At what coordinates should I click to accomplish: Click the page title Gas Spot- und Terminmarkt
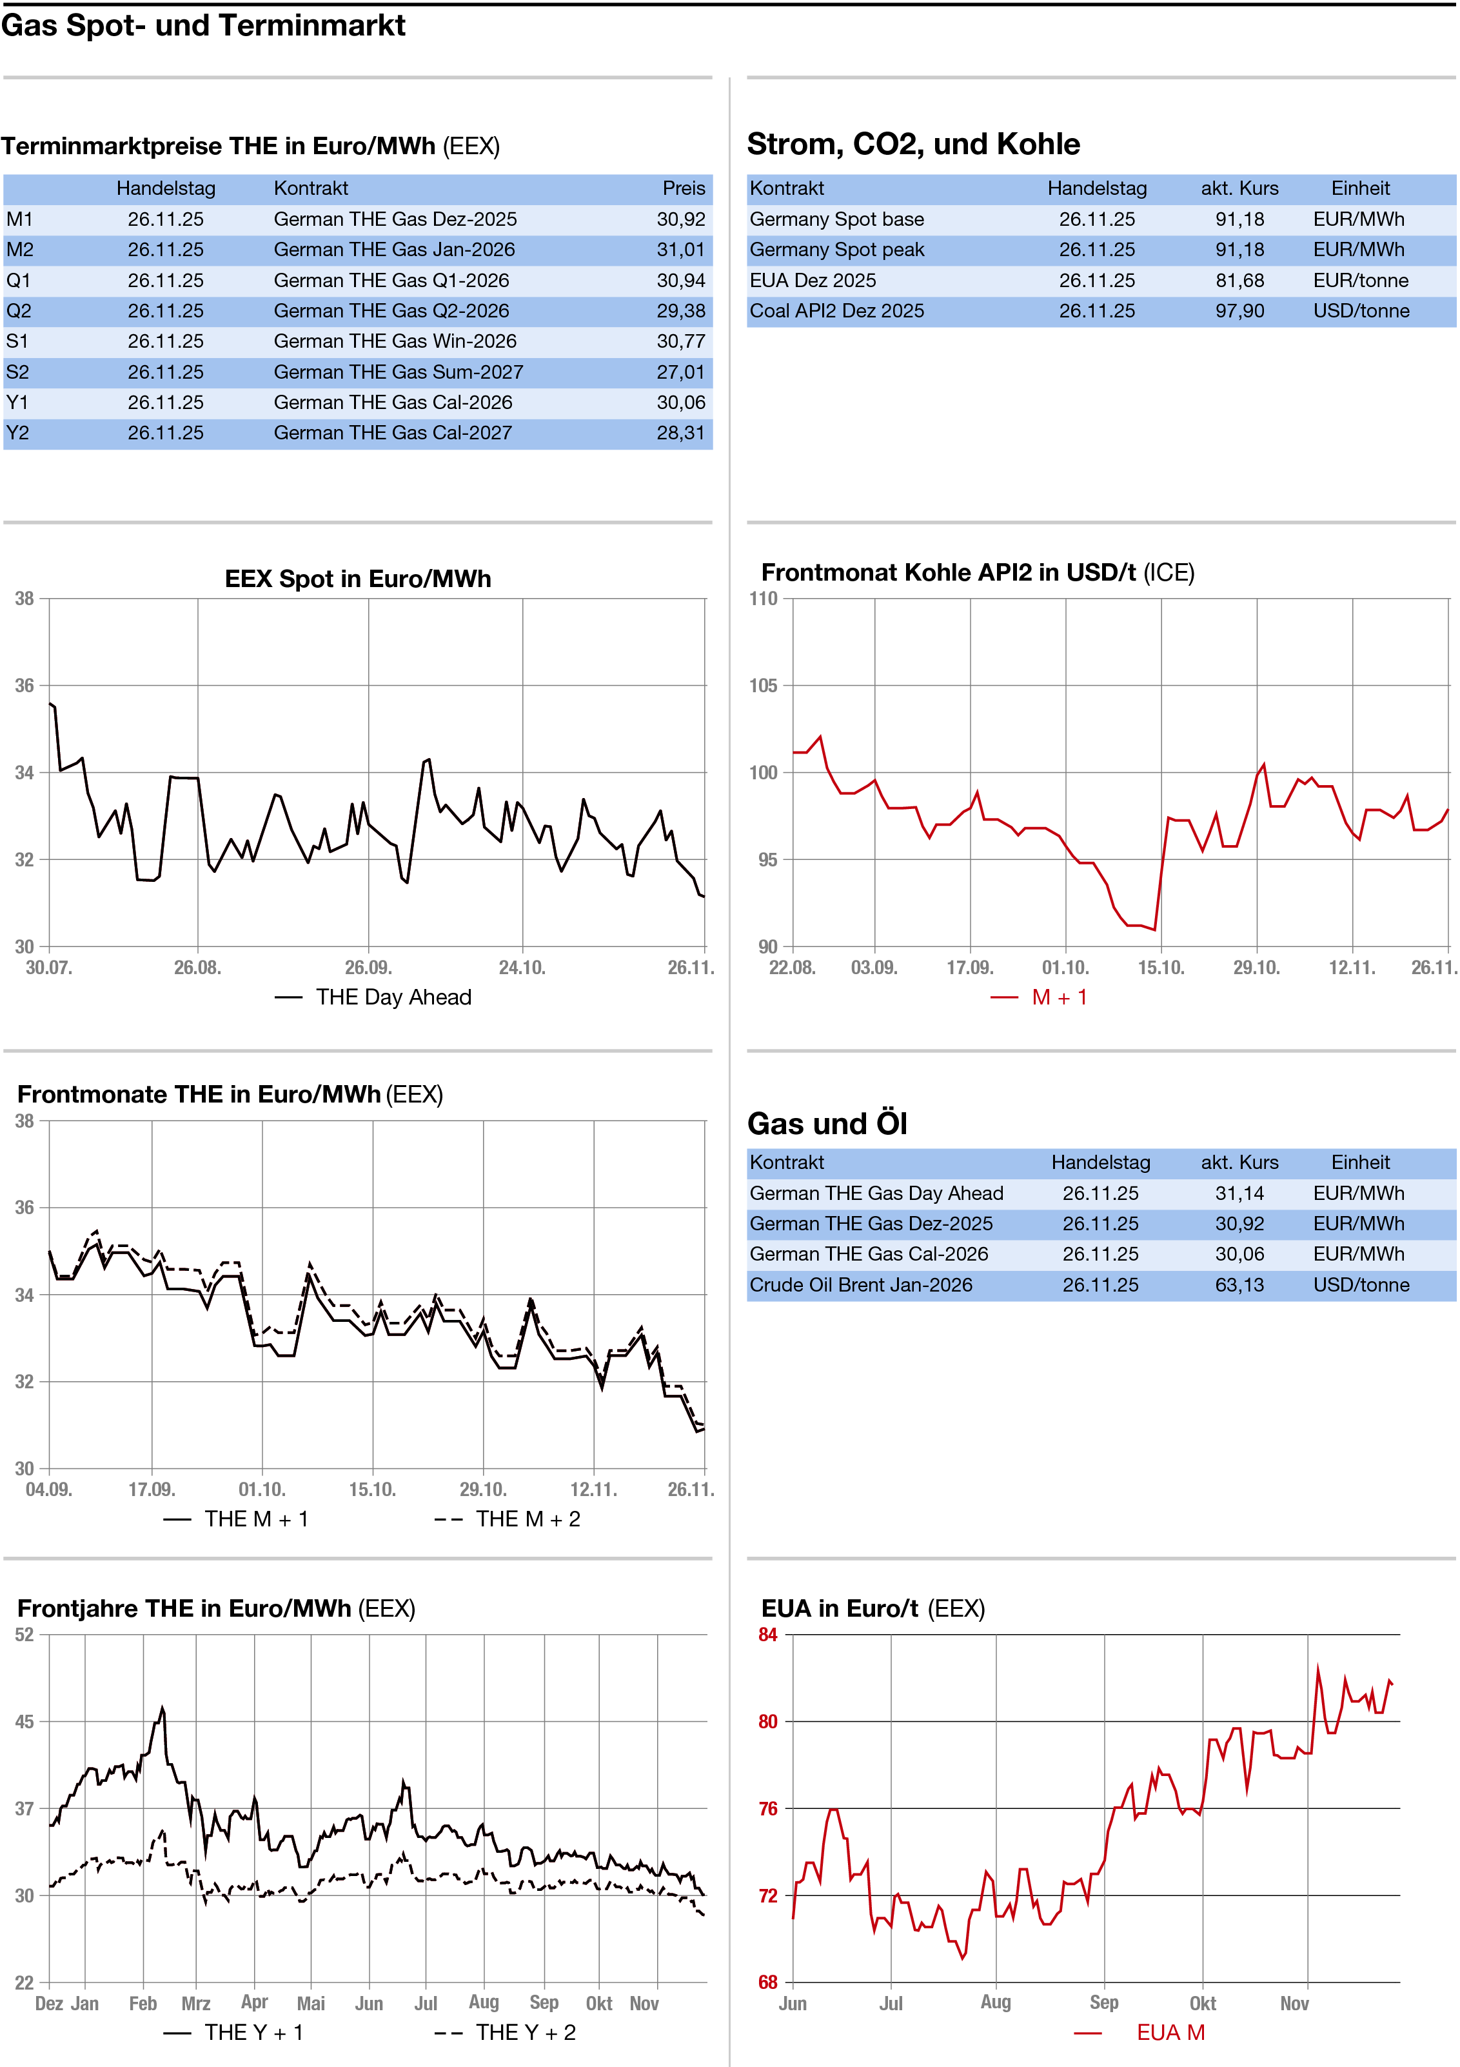click(x=203, y=26)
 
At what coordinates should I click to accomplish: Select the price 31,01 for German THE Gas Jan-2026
click(x=680, y=250)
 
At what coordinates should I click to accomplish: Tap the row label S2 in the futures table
click(x=17, y=372)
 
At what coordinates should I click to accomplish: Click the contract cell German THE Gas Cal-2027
click(x=393, y=433)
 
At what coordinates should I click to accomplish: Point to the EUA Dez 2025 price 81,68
click(x=1239, y=280)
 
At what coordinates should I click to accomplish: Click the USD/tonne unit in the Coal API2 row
click(x=1360, y=310)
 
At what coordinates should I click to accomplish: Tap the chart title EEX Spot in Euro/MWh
click(x=357, y=578)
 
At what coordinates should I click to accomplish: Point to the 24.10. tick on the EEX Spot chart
click(x=522, y=968)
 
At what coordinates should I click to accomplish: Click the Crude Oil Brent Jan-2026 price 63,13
click(x=1239, y=1284)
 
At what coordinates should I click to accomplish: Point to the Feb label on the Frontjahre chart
click(x=143, y=2003)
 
